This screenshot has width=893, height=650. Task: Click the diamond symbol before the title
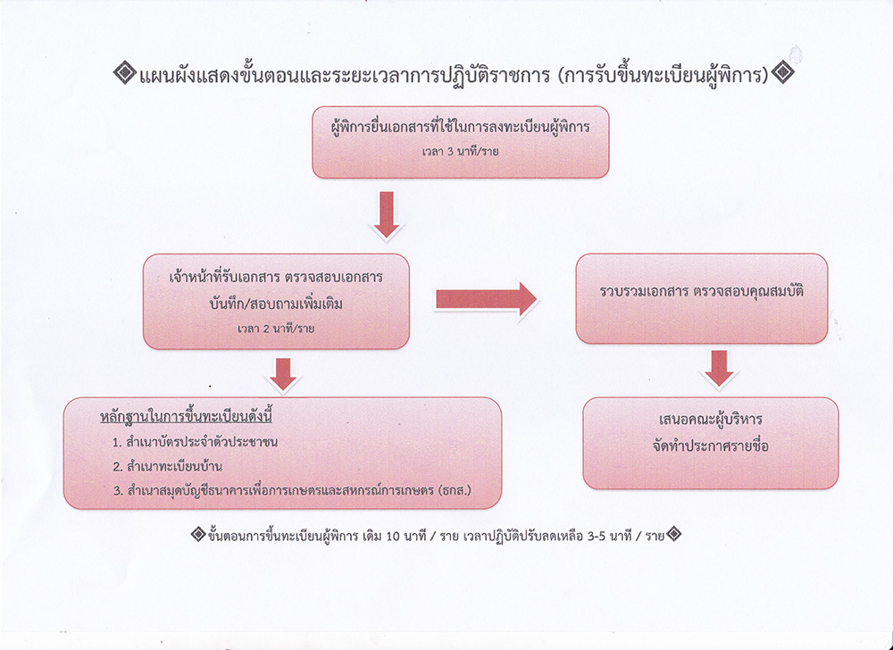(124, 73)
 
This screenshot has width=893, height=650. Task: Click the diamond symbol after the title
(783, 73)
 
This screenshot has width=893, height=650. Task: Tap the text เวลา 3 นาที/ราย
(460, 152)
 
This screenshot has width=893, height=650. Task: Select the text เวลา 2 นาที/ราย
(276, 329)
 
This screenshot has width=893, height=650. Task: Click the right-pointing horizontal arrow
(487, 299)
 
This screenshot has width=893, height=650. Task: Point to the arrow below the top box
(387, 214)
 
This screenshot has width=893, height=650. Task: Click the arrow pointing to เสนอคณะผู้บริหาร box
(719, 368)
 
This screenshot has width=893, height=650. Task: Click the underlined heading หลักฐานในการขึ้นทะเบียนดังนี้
(187, 417)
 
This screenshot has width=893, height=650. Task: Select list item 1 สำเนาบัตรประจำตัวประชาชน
(196, 442)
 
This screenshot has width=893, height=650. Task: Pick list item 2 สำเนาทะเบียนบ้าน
(168, 466)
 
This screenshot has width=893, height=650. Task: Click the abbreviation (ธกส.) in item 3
(455, 490)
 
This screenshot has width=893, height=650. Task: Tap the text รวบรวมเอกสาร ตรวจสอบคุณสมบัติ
(702, 291)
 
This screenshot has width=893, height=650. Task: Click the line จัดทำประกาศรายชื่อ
(710, 446)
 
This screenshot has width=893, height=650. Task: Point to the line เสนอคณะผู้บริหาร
(710, 420)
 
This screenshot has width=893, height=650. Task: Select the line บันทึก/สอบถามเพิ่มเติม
(276, 303)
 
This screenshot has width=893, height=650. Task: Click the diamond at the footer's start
(197, 535)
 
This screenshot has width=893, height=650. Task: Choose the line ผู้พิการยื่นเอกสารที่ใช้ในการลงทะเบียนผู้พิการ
(460, 127)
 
